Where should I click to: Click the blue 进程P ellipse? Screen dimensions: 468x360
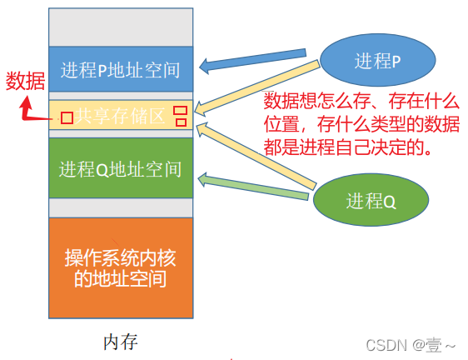click(x=377, y=60)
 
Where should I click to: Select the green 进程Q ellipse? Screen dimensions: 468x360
click(x=371, y=200)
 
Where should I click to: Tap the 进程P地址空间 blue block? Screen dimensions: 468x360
click(x=121, y=69)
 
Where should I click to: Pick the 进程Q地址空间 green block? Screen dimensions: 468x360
click(x=121, y=167)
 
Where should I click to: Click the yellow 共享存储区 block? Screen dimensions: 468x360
click(x=121, y=115)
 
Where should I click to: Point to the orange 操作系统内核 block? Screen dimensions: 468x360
click(x=121, y=268)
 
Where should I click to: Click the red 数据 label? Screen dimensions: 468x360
click(x=25, y=81)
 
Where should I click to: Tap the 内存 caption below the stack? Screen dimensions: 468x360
click(x=121, y=342)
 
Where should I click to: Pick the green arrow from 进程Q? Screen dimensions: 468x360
click(x=253, y=186)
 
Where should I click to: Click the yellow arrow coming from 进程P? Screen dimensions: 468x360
click(x=256, y=87)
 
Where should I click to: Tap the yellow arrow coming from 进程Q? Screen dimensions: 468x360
click(x=256, y=156)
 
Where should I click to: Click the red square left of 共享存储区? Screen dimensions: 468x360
click(x=67, y=117)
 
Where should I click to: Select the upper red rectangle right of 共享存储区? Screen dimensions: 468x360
click(x=181, y=110)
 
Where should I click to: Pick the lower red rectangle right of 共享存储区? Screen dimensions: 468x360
click(x=181, y=122)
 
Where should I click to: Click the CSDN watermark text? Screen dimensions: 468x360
click(x=411, y=345)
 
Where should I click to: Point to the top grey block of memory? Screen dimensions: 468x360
click(x=121, y=27)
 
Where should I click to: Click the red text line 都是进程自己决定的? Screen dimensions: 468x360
click(x=348, y=147)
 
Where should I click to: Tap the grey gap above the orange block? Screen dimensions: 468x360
click(x=121, y=208)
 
